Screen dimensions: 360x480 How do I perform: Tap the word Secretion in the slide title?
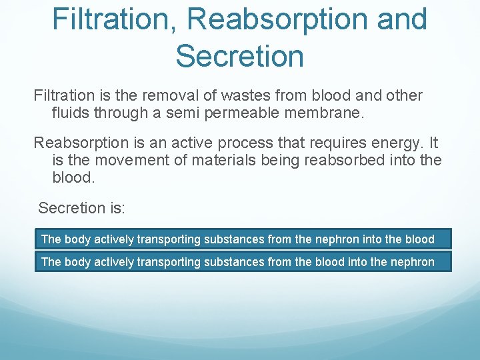[239, 56]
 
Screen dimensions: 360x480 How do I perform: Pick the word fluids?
[71, 114]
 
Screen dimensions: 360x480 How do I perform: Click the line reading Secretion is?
[81, 208]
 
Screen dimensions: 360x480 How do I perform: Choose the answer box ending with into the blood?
[243, 239]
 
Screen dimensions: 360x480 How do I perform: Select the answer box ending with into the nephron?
[243, 261]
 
